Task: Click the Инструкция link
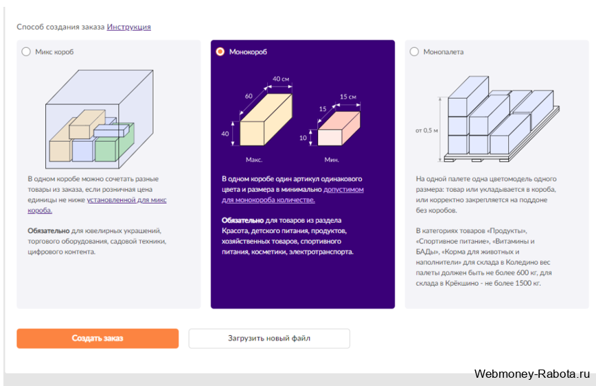tap(129, 27)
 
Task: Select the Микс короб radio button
tap(26, 51)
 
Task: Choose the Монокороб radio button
tap(220, 51)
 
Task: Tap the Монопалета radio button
tap(414, 51)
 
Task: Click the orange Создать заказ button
tap(98, 338)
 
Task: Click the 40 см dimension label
tap(281, 79)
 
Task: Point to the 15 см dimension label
tap(348, 97)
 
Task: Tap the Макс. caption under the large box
tap(254, 160)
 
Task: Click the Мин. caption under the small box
tap(332, 160)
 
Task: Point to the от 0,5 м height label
tap(426, 130)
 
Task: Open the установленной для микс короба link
tap(97, 205)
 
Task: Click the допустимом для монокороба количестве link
tap(293, 194)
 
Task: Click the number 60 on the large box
tap(249, 96)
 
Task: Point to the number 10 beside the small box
tap(303, 138)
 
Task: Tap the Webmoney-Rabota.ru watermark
tap(532, 374)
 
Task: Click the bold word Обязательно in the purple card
tap(242, 220)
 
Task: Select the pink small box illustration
tap(339, 128)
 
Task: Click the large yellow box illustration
tap(266, 119)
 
